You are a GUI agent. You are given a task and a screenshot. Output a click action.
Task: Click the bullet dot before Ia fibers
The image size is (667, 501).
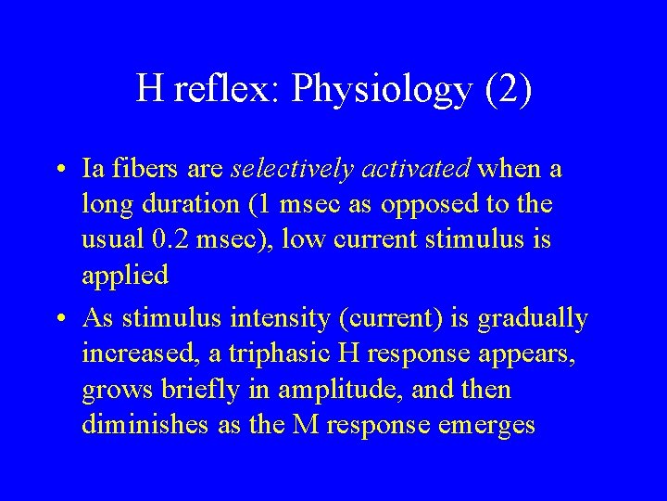point(59,171)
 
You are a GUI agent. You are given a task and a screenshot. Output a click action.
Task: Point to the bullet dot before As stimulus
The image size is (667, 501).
point(59,319)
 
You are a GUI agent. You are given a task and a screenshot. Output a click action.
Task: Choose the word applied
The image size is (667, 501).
point(125,276)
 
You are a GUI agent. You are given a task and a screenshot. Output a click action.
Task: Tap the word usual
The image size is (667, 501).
point(112,239)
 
